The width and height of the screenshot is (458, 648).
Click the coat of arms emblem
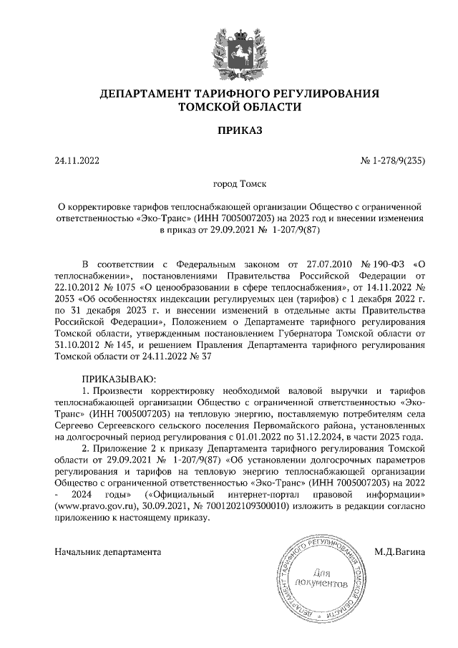click(229, 46)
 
